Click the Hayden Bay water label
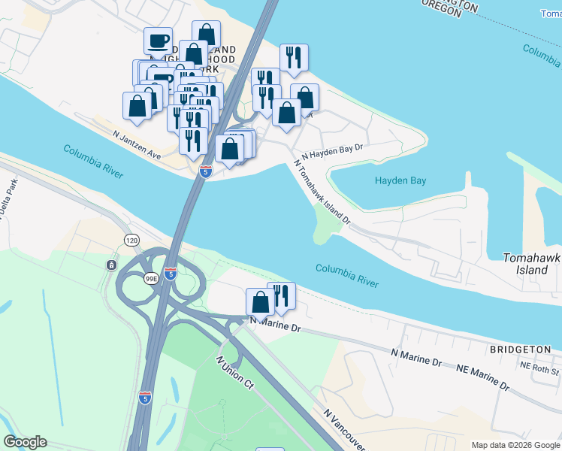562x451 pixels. coord(400,180)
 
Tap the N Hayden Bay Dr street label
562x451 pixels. coord(332,150)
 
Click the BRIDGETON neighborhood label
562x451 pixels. coord(515,350)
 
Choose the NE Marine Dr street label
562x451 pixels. coord(483,377)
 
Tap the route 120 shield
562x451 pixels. coord(132,240)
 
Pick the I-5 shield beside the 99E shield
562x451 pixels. coord(171,273)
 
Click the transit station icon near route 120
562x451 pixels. coord(111,265)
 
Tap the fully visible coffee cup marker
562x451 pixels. coord(158,41)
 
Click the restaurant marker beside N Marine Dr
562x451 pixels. coord(281,295)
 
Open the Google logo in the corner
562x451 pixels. coord(25,442)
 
